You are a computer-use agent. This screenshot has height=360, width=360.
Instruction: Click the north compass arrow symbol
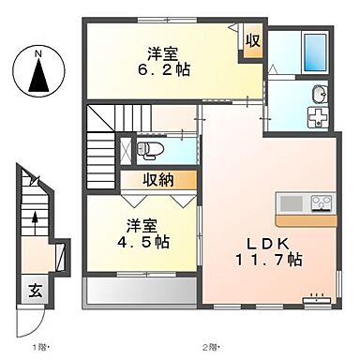coord(38,75)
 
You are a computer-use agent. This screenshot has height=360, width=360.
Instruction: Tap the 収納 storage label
coord(157,180)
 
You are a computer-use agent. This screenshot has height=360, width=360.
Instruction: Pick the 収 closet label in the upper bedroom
coord(251,40)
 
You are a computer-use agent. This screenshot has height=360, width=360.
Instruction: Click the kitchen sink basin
coord(290,202)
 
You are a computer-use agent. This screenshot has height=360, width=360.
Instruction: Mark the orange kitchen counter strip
coord(307,220)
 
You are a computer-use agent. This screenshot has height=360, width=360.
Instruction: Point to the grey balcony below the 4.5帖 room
coord(141,292)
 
